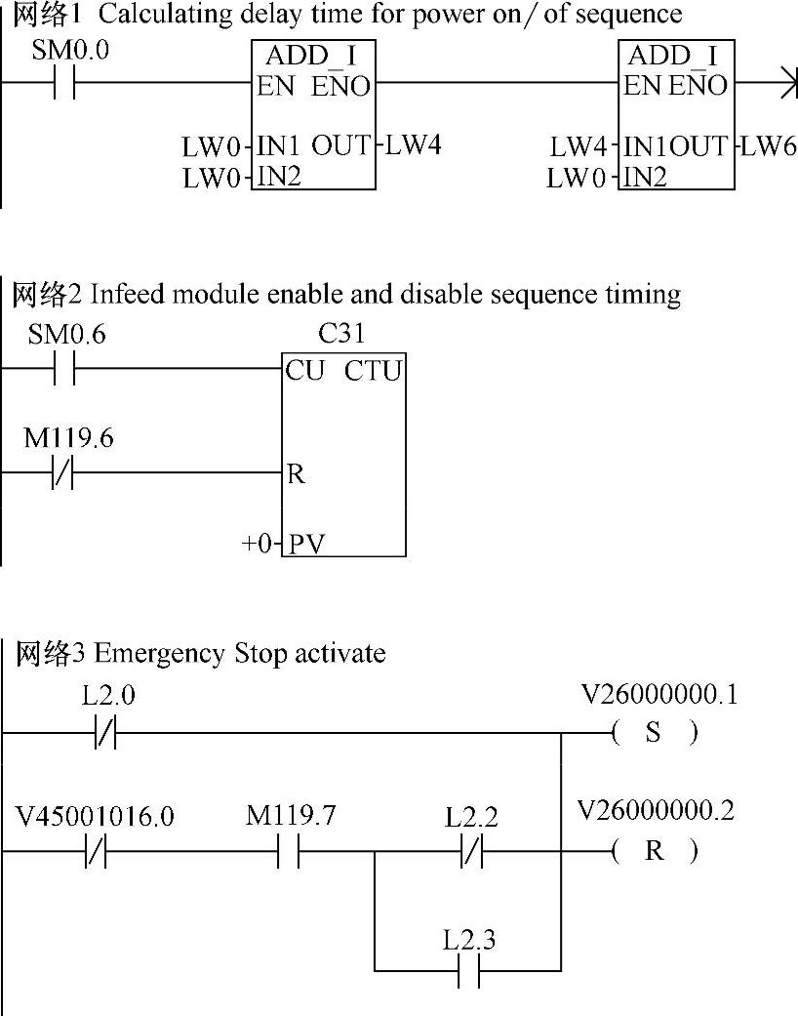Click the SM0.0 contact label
point(70,50)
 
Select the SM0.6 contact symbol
point(64,370)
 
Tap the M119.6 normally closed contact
point(64,475)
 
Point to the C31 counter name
point(341,334)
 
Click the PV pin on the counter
point(306,544)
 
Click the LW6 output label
point(769,147)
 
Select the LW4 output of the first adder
point(414,146)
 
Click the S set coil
point(654,733)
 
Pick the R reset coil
point(654,851)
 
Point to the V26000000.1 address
point(658,695)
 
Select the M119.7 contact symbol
point(287,851)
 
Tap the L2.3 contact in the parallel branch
point(469,971)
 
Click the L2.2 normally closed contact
point(470,851)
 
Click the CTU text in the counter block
point(373,371)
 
